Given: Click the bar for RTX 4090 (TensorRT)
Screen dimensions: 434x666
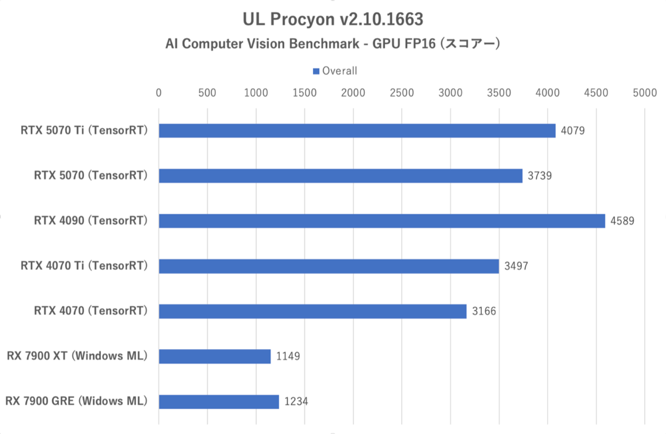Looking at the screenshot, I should coord(382,221).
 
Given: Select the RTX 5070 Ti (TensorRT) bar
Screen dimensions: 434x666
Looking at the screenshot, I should coord(357,130).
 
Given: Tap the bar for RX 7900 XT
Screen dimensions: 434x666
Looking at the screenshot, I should coord(215,356).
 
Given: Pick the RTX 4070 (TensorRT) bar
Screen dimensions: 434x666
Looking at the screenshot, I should coord(312,311).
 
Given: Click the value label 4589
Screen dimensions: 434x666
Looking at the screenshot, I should coord(622,221).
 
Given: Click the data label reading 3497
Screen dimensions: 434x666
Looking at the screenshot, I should coord(516,266).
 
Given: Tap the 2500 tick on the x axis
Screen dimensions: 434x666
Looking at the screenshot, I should coord(402,93).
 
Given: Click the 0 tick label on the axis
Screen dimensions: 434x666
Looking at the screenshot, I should coord(159,93).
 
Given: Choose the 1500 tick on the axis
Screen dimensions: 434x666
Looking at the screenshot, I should coord(305,93).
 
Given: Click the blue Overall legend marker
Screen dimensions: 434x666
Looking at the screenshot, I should coord(316,71).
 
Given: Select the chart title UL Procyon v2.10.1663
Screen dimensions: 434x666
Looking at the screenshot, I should coord(333,19).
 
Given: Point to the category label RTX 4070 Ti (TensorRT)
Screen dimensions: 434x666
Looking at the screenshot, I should coord(84,266).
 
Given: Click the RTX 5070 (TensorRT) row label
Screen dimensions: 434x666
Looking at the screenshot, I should coord(90,176).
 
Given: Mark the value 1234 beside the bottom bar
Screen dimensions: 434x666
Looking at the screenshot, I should coord(296,402).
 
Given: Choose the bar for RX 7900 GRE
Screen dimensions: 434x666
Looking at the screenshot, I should coord(219,401).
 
